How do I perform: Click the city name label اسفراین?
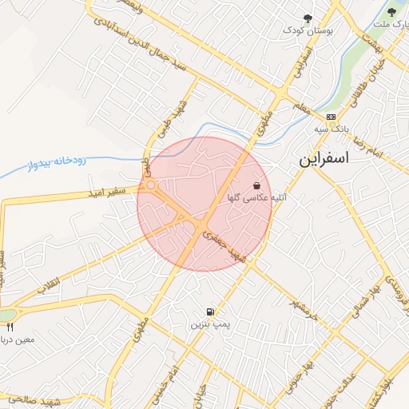pos(324,158)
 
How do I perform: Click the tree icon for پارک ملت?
pos(391,12)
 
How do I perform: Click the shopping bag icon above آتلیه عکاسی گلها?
pos(256,185)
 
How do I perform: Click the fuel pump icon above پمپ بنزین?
pos(209,312)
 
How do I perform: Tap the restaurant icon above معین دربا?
pos(10,327)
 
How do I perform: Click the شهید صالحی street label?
pos(32,399)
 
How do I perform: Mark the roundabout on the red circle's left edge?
pos(150,188)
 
